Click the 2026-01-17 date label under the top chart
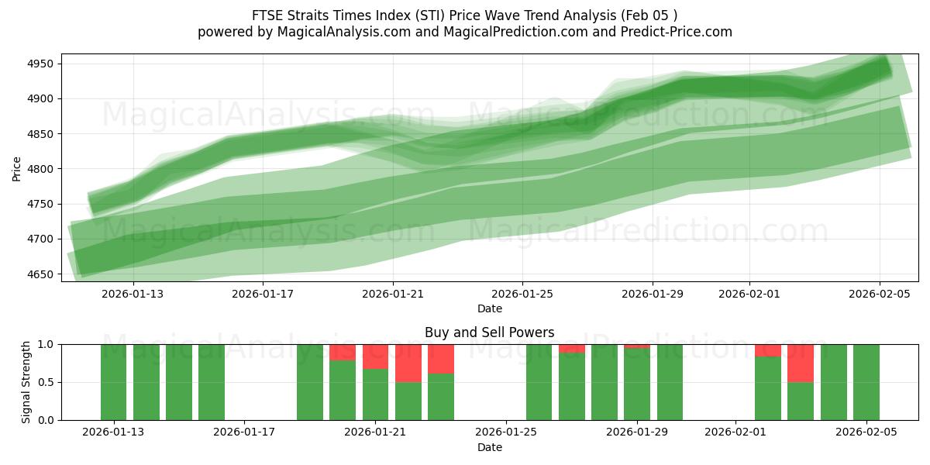click(x=263, y=294)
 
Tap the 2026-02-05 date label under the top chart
click(x=879, y=294)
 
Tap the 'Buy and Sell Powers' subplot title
click(x=489, y=332)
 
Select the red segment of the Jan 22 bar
click(x=408, y=363)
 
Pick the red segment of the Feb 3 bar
click(x=801, y=363)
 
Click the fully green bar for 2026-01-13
click(x=113, y=382)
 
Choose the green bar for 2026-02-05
click(x=866, y=382)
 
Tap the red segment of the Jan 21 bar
click(x=376, y=356)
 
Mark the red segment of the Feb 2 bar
click(x=768, y=350)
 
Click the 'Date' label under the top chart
click(x=489, y=308)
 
